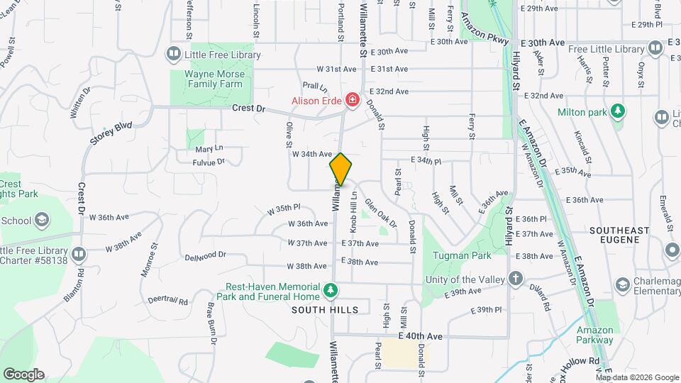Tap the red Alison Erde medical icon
[x=350, y=101]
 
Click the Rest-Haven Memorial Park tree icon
[x=330, y=290]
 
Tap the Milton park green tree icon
[x=619, y=111]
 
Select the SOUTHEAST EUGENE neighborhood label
[x=619, y=236]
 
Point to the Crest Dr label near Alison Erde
[x=248, y=109]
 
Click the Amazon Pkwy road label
[x=486, y=30]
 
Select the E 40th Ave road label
[x=421, y=335]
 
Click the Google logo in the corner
[x=23, y=374]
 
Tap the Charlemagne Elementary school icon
[x=622, y=284]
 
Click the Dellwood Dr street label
[x=205, y=255]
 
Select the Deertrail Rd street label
[x=168, y=301]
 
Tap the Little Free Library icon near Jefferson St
[x=173, y=55]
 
